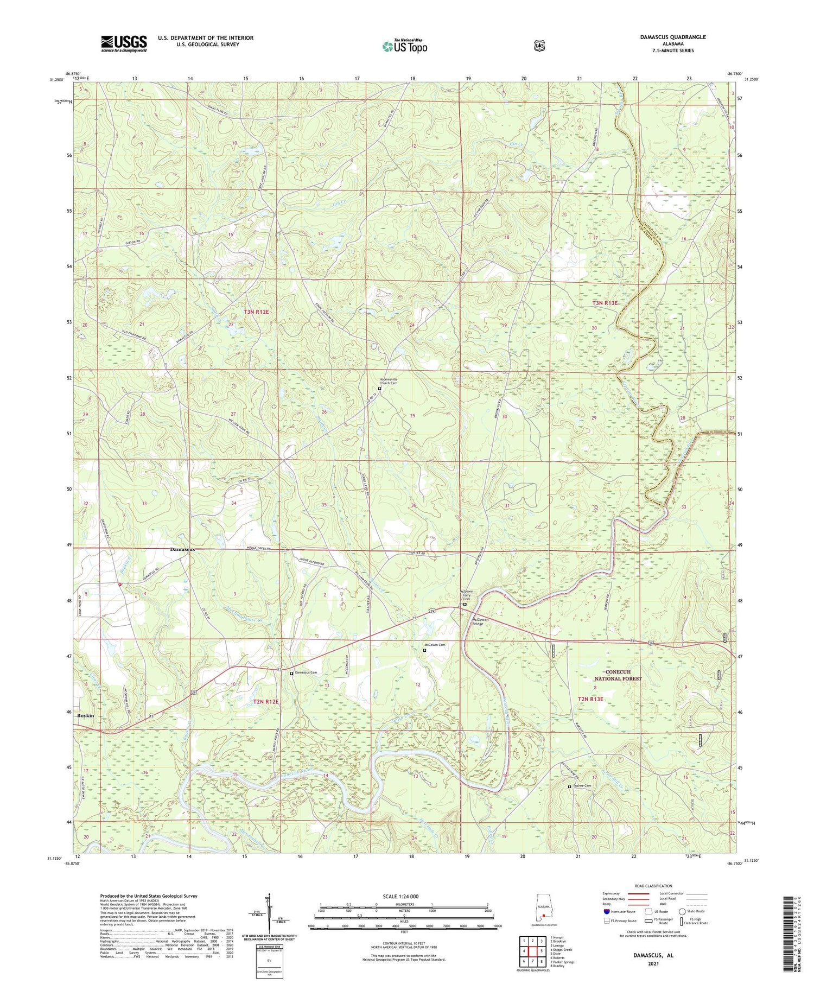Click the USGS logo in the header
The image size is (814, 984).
point(124,43)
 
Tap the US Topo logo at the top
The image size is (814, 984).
point(404,47)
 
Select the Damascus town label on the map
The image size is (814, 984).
point(182,549)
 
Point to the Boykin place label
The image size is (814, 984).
point(86,715)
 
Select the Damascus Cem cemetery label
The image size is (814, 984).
point(305,673)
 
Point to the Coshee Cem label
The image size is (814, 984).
point(582,786)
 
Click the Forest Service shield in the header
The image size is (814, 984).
point(539,46)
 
